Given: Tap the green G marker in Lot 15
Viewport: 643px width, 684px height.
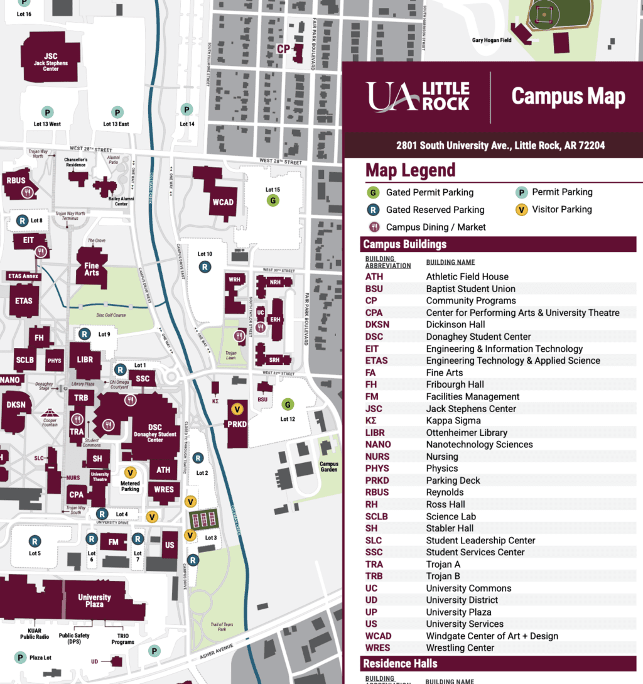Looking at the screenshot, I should point(273,201).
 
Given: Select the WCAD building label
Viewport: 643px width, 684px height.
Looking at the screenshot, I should point(222,202).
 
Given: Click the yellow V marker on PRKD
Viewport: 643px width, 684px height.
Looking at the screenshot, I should point(237,410).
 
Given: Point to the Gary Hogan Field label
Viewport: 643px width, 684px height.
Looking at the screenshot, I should point(492,40).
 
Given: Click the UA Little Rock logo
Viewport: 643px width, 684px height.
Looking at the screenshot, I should point(418,96).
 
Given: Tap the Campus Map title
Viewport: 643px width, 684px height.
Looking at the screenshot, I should point(568,96).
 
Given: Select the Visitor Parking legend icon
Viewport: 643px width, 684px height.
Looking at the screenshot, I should point(521,210).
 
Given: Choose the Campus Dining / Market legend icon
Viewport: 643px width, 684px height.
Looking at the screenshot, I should point(374,227).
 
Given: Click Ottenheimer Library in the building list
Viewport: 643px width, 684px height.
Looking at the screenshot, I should point(467,433).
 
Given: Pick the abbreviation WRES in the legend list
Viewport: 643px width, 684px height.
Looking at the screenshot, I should point(377,648).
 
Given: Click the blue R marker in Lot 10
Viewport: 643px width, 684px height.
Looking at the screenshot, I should point(205,267).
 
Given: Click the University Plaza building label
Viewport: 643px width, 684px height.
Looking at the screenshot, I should point(95,601).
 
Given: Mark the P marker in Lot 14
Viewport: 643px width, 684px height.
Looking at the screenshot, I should point(186,110).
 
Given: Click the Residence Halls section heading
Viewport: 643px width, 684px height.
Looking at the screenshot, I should point(400,664).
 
